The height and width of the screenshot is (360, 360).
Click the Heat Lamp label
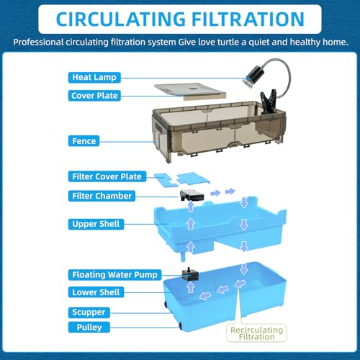coord(94,77)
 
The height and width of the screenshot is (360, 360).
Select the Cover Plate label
coord(94,96)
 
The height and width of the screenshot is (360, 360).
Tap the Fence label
coord(84,141)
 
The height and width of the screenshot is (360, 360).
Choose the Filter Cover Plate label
coord(107,176)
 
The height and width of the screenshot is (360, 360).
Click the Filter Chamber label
coord(102,196)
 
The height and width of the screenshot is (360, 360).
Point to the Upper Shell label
coord(96,224)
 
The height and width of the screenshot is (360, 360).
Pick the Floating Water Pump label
coord(114,274)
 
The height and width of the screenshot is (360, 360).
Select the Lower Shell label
coord(96,292)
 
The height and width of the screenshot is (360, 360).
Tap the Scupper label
coord(89,312)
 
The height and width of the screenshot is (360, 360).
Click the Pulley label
coord(89,327)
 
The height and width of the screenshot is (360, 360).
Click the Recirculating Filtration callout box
coord(256,333)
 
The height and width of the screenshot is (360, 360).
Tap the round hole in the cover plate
coord(192,89)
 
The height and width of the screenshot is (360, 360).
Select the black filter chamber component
coord(192,195)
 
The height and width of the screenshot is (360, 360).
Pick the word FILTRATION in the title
coord(248,19)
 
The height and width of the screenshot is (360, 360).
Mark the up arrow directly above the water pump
coord(191,287)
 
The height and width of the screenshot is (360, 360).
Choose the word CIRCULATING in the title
coord(121,19)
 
